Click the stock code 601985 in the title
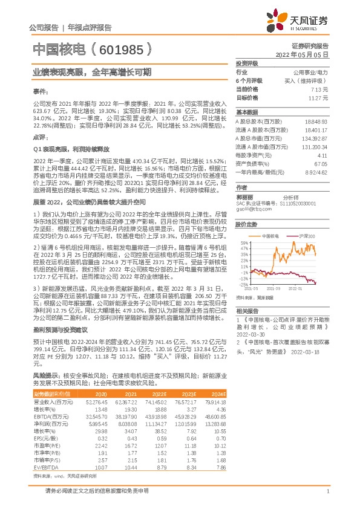coord(120,49)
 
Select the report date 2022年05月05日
coord(303,54)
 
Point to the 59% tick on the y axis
coord(244,242)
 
